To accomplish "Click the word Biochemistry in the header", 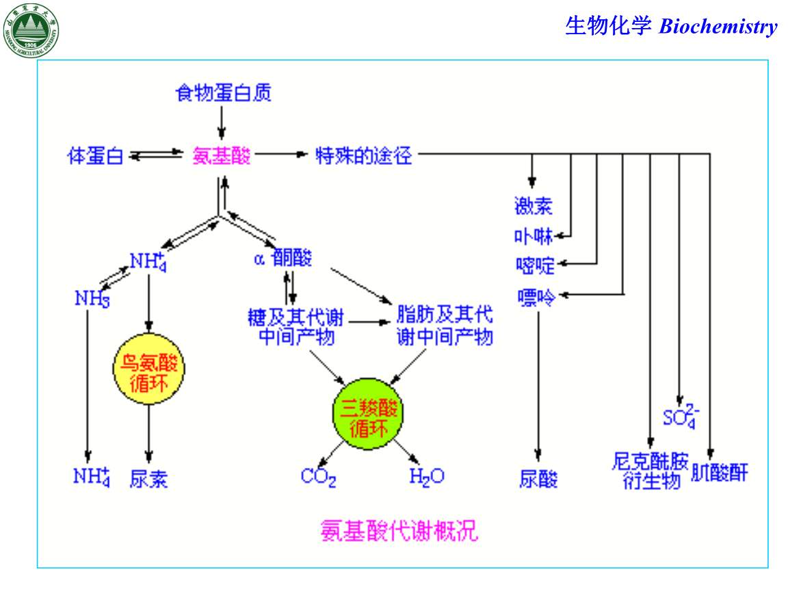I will pyautogui.click(x=718, y=27).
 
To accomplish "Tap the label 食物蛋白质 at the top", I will pyautogui.click(x=223, y=92).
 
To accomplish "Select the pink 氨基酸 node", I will pyautogui.click(x=222, y=156).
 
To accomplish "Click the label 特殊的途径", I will pyautogui.click(x=363, y=156).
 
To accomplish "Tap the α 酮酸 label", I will pyautogui.click(x=283, y=258).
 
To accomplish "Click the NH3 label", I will pyautogui.click(x=92, y=298).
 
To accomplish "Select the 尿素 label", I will pyautogui.click(x=148, y=478).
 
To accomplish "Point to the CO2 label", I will pyautogui.click(x=318, y=477).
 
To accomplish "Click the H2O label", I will pyautogui.click(x=426, y=477).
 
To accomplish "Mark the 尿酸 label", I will pyautogui.click(x=538, y=478).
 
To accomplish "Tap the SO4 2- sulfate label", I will pyautogui.click(x=680, y=415).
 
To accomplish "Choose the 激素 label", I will pyautogui.click(x=533, y=205).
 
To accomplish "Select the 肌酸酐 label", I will pyautogui.click(x=720, y=473).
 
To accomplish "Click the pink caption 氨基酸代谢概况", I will pyautogui.click(x=399, y=530).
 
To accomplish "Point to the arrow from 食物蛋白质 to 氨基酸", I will pyautogui.click(x=221, y=122).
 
